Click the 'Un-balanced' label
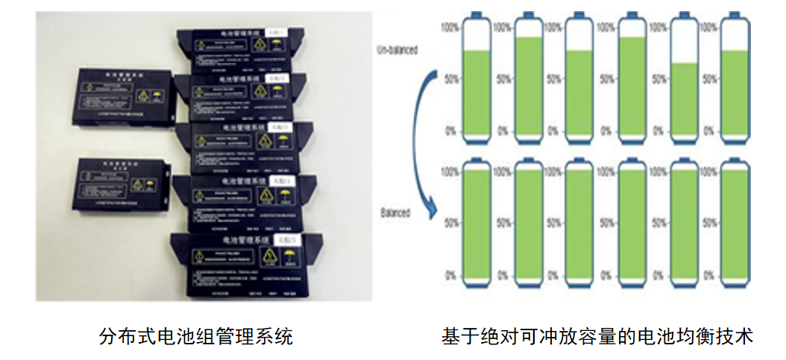(x=397, y=51)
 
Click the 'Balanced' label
(x=395, y=212)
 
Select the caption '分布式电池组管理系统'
(x=196, y=336)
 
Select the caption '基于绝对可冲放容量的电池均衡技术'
(x=597, y=336)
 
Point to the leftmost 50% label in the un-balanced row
(x=450, y=78)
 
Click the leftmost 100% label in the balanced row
(x=450, y=171)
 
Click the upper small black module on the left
(x=123, y=97)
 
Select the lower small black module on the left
(x=119, y=183)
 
